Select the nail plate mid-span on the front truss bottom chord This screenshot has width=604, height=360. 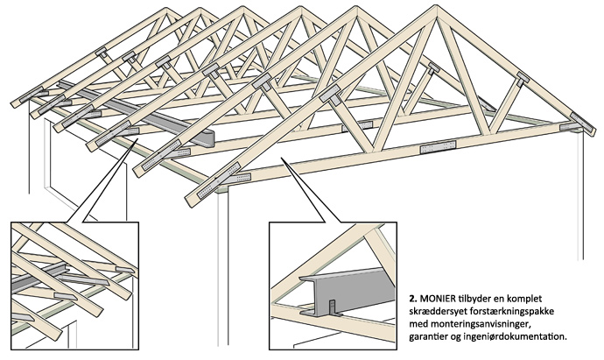tap(439, 148)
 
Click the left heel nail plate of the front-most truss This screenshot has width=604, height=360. tap(207, 187)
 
